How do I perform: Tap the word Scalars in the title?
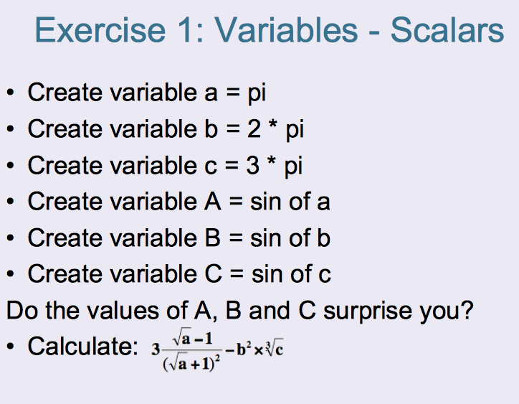click(x=447, y=30)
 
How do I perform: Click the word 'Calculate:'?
click(x=78, y=347)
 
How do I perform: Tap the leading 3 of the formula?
click(x=156, y=352)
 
